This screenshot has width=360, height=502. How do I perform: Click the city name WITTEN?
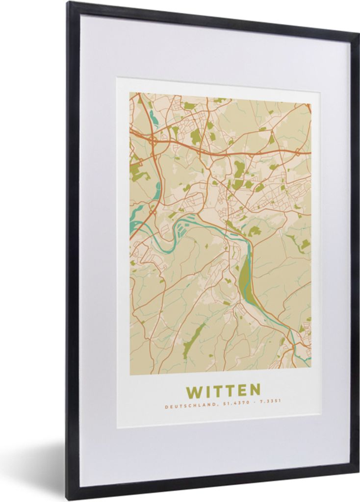(223, 391)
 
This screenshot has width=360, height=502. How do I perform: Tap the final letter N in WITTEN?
(255, 391)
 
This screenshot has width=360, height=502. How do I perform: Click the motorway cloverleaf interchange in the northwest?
(153, 139)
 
